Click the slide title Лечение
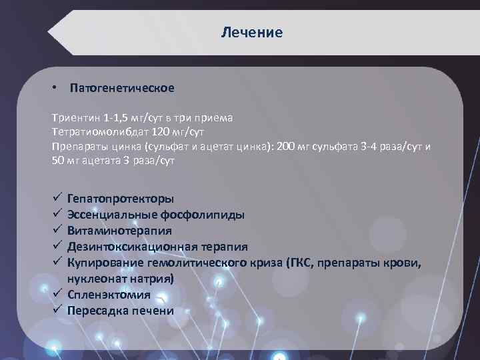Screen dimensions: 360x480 coord(252,32)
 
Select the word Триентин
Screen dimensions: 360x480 coord(72,117)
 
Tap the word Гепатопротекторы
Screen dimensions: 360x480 coord(121,199)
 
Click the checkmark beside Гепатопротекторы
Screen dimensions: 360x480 coord(56,198)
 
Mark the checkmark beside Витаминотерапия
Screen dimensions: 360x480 coord(56,230)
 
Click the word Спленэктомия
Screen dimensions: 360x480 coord(109,294)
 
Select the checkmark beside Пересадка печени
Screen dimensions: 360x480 coord(56,309)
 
